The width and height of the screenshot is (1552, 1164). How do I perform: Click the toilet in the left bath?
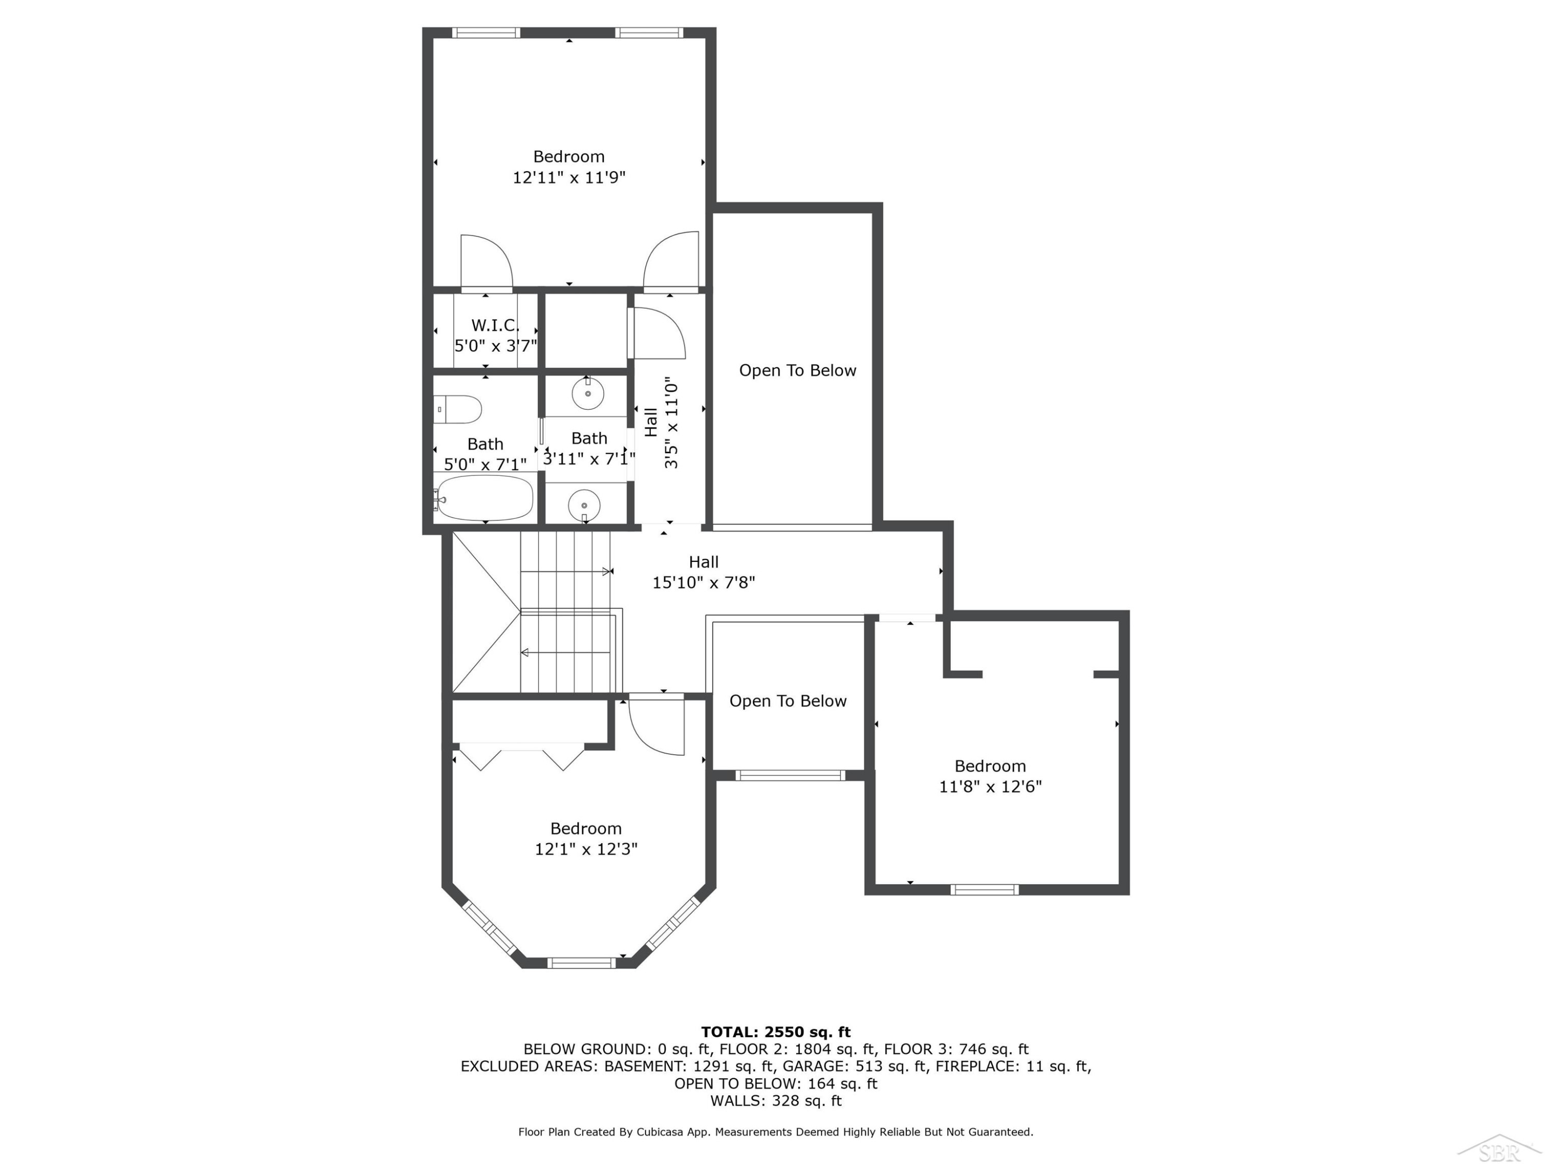coord(457,409)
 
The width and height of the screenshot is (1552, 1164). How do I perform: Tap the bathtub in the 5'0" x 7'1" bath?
coord(483,498)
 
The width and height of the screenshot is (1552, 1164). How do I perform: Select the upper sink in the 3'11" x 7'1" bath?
coord(588,393)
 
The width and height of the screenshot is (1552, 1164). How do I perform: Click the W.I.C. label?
coord(496,325)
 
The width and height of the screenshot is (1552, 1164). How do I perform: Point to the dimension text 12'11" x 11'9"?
coord(569,177)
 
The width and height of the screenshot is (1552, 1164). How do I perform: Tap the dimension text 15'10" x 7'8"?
coord(704,583)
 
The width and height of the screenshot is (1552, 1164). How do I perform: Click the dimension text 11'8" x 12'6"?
coord(991,786)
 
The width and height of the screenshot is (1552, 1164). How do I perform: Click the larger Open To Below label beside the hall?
coord(798,370)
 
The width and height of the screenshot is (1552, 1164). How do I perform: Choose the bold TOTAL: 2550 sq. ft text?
coord(776,1032)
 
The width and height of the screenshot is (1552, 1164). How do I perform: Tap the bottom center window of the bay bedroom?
coord(581,963)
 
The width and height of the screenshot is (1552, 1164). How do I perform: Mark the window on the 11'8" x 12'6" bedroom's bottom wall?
coord(984,890)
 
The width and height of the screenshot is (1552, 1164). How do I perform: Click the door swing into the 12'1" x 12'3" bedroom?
coord(656,724)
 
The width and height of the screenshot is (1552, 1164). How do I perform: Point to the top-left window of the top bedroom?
coord(486,32)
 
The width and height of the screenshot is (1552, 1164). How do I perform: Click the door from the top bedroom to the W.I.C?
coord(486,262)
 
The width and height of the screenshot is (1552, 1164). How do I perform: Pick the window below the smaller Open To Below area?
coord(790,775)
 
